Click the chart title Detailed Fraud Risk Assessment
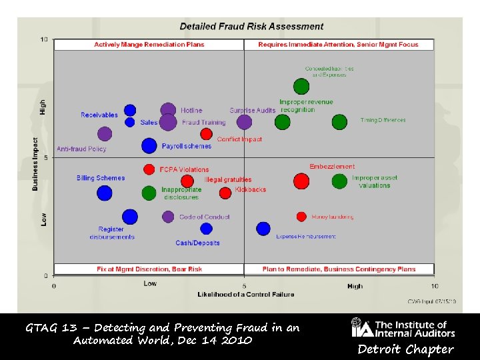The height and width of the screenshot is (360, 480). coord(251,27)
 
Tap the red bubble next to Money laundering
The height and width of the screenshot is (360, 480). coord(301,217)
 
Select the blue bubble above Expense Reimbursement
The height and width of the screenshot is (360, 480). coord(263,229)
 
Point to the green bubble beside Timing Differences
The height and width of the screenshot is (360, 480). coord(340,121)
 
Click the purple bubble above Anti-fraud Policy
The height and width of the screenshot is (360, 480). coord(105,134)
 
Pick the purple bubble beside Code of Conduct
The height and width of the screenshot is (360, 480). coord(168,217)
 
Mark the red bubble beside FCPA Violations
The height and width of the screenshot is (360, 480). coord(149,169)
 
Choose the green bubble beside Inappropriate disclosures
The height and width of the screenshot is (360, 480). coord(149,193)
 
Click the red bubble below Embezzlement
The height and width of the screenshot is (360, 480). coord(301,181)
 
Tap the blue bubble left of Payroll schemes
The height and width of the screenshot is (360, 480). coord(149,145)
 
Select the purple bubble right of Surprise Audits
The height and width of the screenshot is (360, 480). coord(245,121)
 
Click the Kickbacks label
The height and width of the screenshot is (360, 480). coord(251,189)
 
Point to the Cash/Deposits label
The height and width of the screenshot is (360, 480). coord(197,243)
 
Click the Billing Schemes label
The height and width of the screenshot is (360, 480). coord(101,178)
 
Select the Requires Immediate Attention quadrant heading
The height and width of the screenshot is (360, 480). coord(338,45)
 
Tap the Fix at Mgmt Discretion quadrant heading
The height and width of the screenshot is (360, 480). coord(149,269)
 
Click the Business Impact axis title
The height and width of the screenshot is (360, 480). coord(35,164)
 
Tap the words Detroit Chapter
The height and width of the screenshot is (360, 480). coord(405,349)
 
